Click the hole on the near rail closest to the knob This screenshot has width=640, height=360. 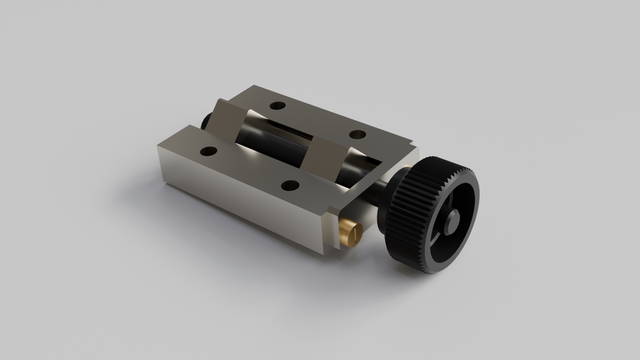coord(289,185)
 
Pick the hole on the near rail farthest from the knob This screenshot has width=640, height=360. coord(208,152)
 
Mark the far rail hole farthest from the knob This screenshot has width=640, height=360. coord(278,105)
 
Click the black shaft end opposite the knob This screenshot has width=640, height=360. coord(207,121)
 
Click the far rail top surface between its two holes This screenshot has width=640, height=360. coord(318,120)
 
